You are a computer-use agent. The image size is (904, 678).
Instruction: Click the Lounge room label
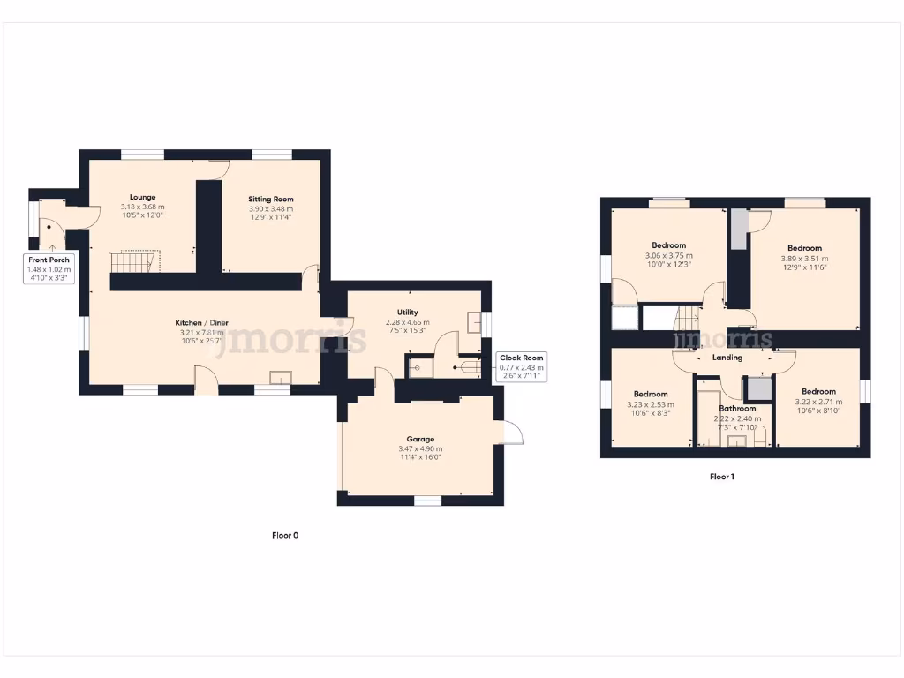point(142,197)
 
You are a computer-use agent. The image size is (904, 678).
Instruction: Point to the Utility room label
point(407,313)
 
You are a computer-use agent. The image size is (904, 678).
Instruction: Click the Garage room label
point(420,439)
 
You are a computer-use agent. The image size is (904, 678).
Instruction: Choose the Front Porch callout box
point(49,268)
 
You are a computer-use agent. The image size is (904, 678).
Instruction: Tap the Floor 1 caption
point(722,477)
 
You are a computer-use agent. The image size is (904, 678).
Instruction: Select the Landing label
point(727,358)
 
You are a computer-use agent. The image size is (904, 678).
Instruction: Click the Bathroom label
point(737,409)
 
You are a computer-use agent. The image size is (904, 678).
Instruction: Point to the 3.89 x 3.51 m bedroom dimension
point(804,259)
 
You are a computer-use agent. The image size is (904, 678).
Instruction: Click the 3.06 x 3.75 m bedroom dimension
point(668,256)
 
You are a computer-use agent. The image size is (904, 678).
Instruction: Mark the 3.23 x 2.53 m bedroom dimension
point(650,404)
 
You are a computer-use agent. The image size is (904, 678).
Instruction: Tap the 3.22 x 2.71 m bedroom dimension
point(818,402)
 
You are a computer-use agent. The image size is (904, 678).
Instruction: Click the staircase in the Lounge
point(134,262)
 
